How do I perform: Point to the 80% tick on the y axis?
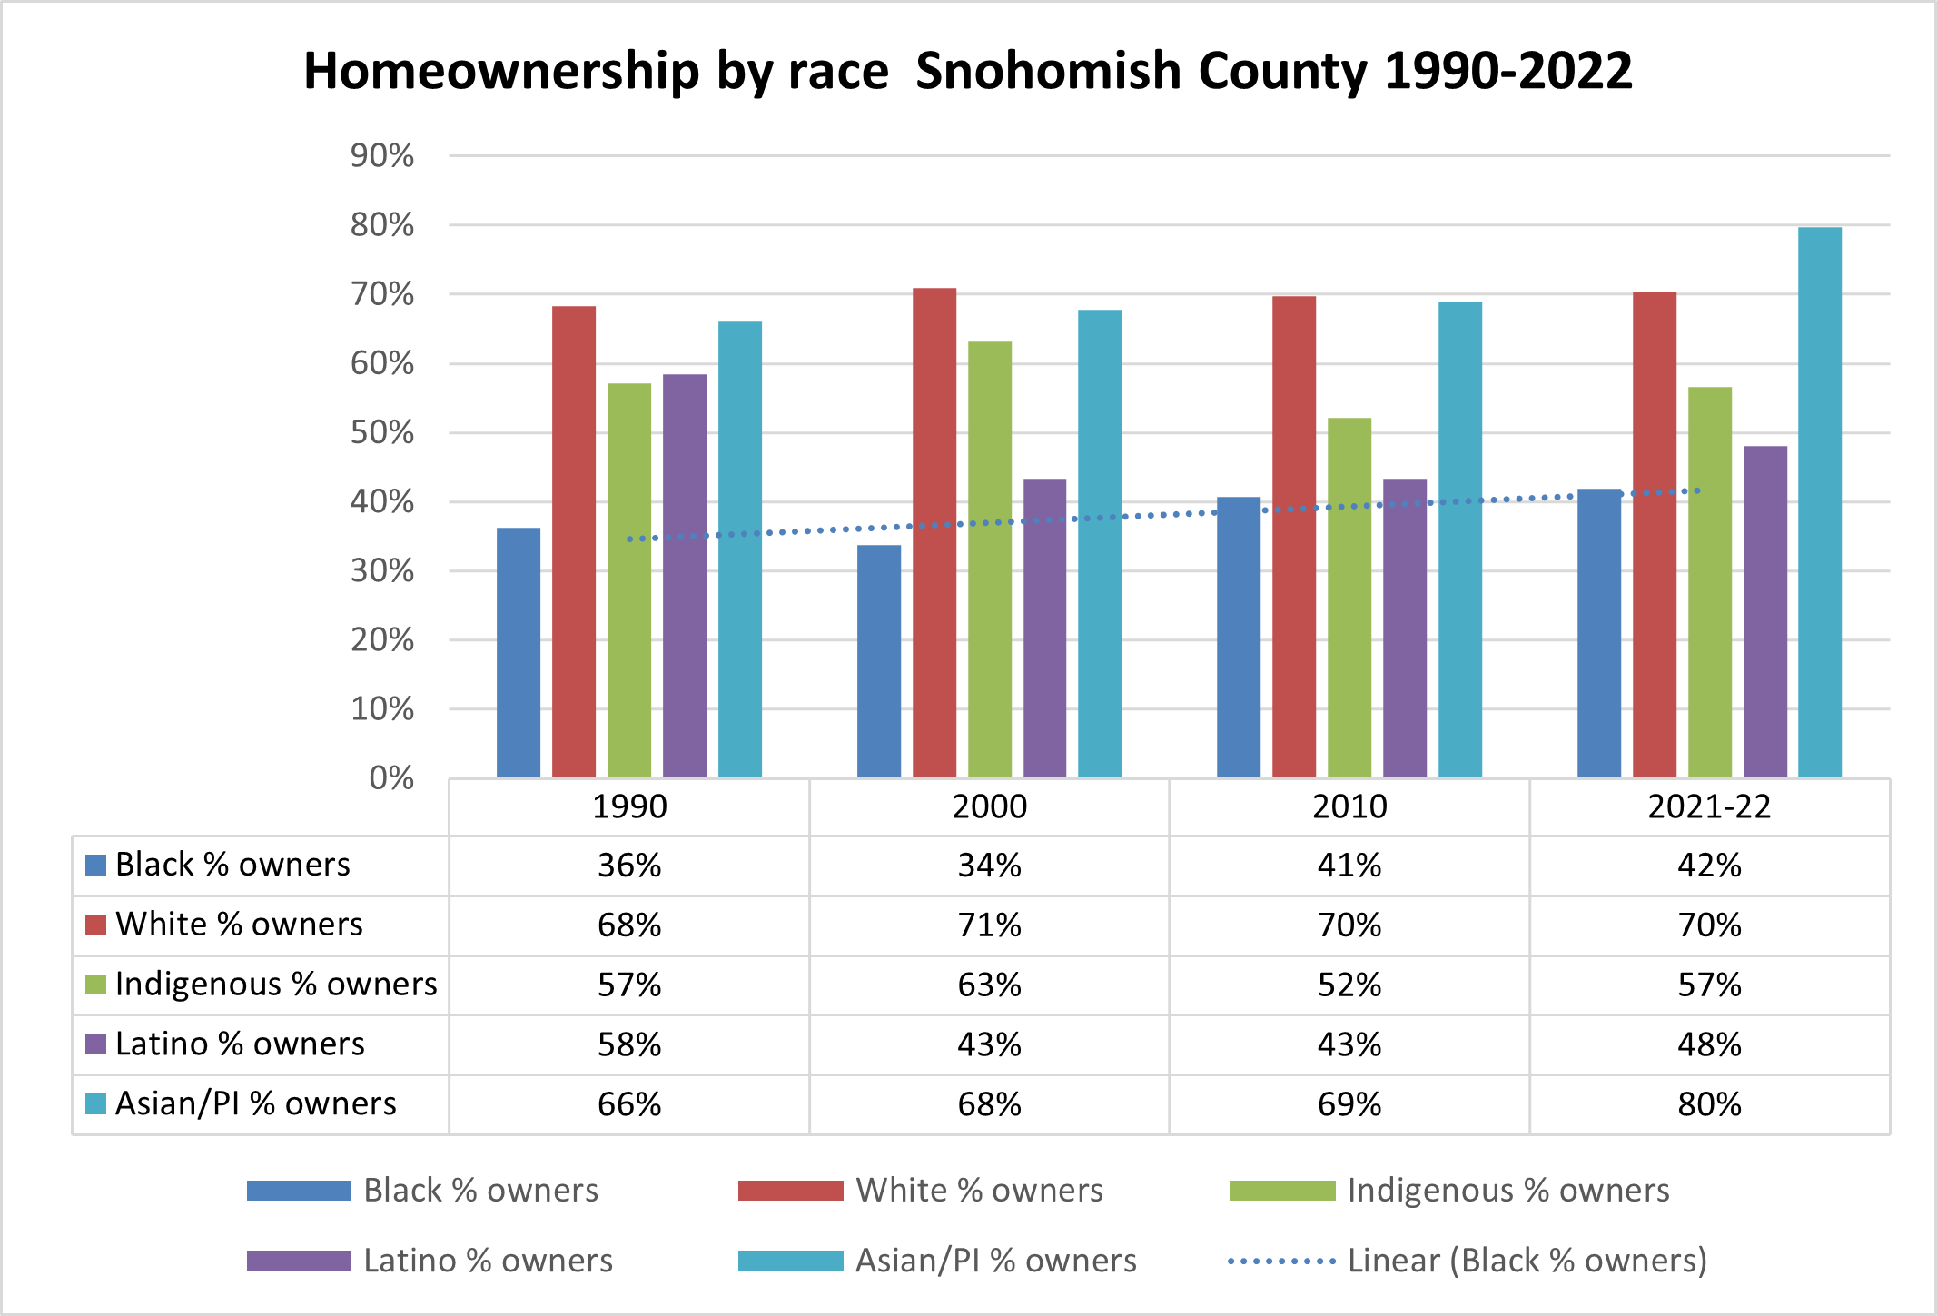pos(382,225)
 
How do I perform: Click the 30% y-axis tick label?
pos(382,571)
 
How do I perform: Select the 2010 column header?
pos(1349,806)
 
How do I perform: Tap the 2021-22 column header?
pos(1709,806)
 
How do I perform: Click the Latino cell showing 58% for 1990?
pos(628,1044)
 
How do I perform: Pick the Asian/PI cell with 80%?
pos(1709,1104)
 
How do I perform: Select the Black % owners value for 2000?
pos(989,865)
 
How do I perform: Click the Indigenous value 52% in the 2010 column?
pos(1349,985)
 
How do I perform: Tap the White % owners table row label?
pos(238,925)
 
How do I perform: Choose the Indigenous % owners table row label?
pos(275,985)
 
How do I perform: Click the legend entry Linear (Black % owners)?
pos(1526,1261)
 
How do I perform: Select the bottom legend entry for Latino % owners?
pos(487,1261)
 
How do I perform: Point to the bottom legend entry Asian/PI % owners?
pos(994,1261)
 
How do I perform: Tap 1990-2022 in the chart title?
pos(1507,71)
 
